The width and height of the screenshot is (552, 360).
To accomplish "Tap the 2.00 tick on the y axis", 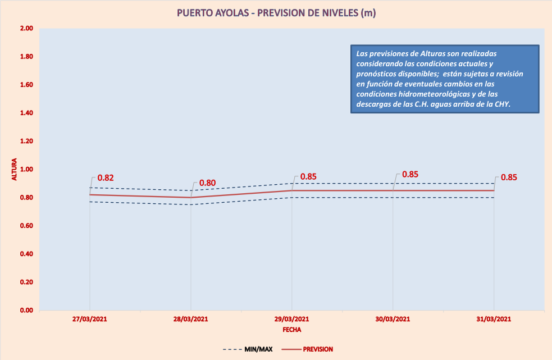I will coord(26,29).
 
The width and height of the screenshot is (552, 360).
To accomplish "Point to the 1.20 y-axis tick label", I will coord(26,142).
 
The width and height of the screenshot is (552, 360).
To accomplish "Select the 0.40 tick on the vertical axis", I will coord(26,254).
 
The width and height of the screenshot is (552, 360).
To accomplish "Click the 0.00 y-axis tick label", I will coord(26,310).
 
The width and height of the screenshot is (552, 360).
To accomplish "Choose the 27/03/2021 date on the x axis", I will coord(90,319).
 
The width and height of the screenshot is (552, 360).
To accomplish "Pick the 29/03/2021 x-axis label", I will coord(292,319).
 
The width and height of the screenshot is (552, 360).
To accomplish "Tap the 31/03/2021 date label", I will coord(494,319).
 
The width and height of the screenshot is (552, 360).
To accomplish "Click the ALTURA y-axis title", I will coord(15,169).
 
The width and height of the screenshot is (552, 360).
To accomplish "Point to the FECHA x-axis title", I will coord(292,330).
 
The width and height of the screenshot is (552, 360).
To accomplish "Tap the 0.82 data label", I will coord(106,178).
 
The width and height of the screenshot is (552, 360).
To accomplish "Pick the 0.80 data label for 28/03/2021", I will coord(207,183).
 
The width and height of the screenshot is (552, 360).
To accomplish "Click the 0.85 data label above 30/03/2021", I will coord(410,174).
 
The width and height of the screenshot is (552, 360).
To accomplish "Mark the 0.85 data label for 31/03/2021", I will coord(509,177).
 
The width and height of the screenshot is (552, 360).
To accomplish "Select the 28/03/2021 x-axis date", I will coord(191,319).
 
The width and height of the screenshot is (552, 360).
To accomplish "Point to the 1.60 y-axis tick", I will coord(26,85).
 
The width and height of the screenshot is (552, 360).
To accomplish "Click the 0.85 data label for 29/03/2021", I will coord(308,176).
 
